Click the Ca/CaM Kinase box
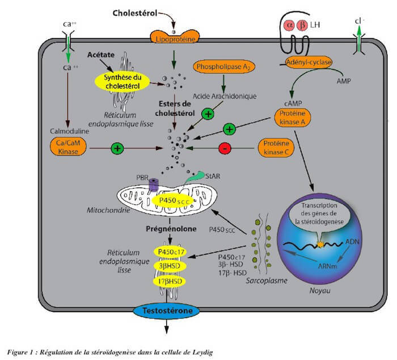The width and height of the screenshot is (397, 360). pyautogui.click(x=67, y=148)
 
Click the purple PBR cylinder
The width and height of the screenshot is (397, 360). pyautogui.click(x=153, y=185)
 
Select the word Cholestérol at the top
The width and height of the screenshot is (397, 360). pyautogui.click(x=136, y=12)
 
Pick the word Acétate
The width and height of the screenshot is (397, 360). pyautogui.click(x=102, y=55)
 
